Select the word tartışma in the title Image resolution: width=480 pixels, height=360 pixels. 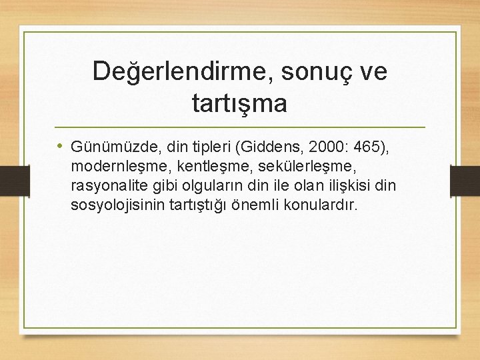click(x=239, y=103)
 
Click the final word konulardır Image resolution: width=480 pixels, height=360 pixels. click(x=321, y=204)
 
